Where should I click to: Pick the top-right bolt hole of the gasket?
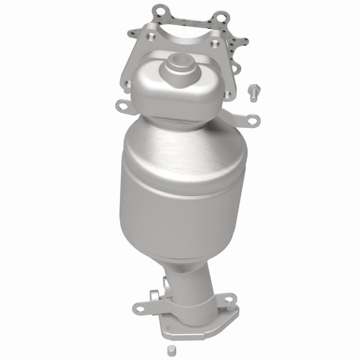[x=220, y=18]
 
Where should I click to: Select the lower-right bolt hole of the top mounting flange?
[x=228, y=95]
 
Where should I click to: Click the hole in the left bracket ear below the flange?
[x=121, y=106]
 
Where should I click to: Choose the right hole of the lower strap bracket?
[x=229, y=298]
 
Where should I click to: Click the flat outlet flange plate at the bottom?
[x=198, y=326]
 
